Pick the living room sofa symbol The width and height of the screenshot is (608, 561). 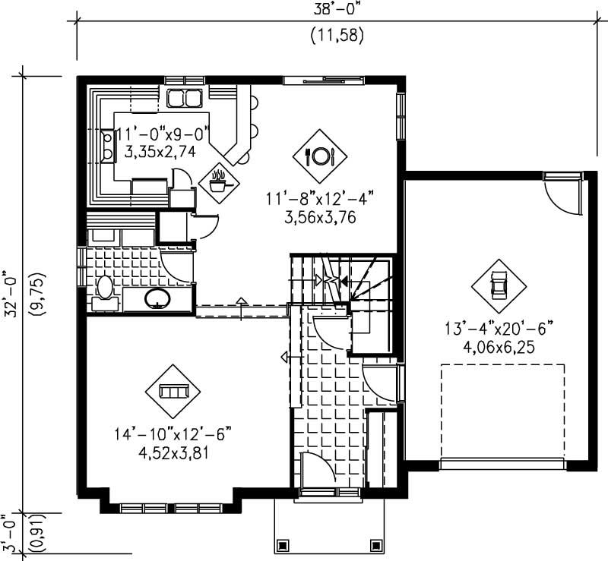click(173, 391)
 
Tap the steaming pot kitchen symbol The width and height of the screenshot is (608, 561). click(219, 181)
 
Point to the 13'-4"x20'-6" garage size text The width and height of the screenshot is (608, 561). click(498, 329)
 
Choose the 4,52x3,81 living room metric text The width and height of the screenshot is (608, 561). click(173, 453)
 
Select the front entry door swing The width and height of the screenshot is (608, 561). click(317, 471)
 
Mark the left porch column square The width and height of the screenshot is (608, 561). click(283, 545)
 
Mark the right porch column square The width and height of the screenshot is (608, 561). click(374, 545)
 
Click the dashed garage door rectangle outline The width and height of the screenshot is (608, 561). click(502, 410)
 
